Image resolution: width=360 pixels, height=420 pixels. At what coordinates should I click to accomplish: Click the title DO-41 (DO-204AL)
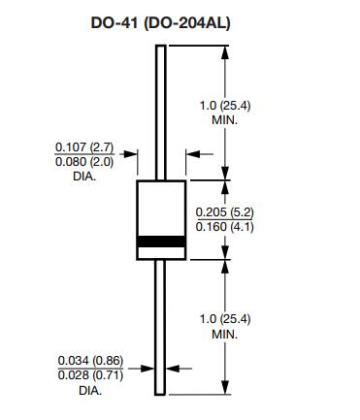pos(161,23)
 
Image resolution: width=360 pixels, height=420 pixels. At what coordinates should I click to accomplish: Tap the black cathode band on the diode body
pos(161,242)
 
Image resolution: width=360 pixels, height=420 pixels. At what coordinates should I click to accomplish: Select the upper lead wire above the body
pos(161,113)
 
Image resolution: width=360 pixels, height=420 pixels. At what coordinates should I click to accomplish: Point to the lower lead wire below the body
pos(160,328)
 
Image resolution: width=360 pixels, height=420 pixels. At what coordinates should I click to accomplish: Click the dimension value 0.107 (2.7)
pos(84,147)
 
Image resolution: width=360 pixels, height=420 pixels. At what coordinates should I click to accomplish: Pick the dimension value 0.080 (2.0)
pos(84,162)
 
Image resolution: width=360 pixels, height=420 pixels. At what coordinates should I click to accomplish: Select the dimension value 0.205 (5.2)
pos(225,212)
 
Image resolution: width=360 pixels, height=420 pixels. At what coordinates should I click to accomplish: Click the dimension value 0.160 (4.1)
pos(225,227)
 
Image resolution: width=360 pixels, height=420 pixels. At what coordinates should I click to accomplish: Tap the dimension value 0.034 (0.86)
pos(91,361)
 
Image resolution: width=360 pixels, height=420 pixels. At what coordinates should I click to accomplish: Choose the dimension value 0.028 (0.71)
pos(91,375)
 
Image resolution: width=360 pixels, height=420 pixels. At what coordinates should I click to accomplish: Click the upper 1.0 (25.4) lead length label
pos(225,106)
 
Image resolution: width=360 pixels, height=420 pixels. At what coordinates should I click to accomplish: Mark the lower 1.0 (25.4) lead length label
pos(225,319)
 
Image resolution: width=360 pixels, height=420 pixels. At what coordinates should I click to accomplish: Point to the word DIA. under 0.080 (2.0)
pos(84,177)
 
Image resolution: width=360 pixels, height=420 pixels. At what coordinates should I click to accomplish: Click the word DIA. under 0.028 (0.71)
pos(90,390)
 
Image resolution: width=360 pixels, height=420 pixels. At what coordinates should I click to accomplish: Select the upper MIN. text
pos(225,120)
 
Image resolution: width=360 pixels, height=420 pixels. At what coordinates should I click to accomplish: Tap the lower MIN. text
pos(225,334)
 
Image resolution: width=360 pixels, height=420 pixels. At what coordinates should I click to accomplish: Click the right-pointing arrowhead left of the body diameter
pos(131,154)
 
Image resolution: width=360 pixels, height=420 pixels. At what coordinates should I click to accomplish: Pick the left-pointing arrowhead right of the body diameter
pos(193,154)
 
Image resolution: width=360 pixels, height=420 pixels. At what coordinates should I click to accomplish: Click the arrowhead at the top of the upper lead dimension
pos(225,52)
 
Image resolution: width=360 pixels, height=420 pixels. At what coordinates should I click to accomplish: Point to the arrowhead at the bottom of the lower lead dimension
pos(225,387)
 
